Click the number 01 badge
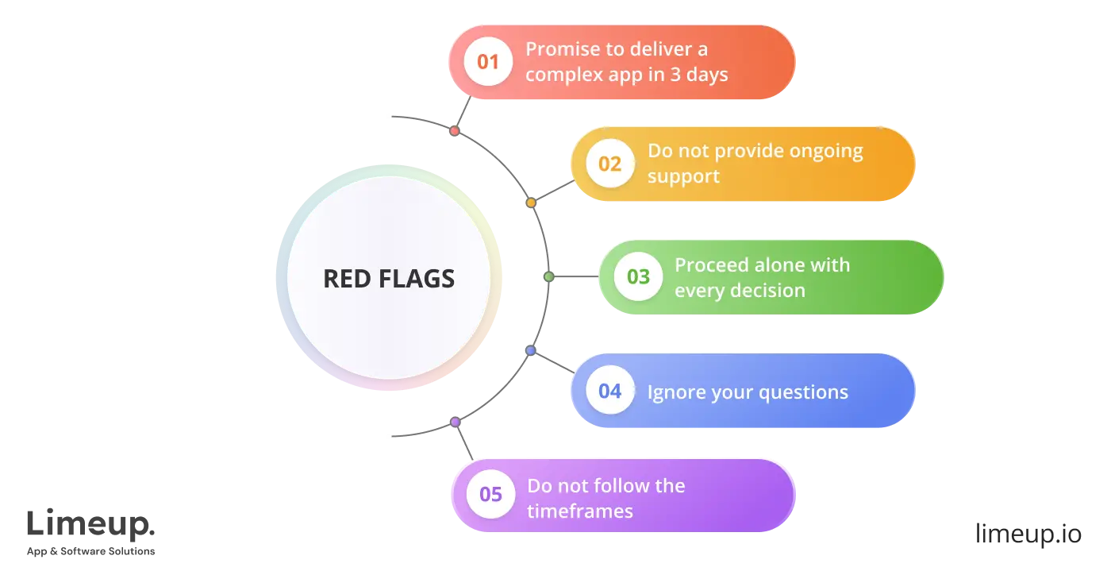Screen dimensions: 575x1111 tap(488, 61)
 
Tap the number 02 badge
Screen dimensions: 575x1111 tap(609, 164)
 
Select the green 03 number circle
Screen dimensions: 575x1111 tap(638, 277)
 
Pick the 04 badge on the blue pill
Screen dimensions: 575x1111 tap(609, 391)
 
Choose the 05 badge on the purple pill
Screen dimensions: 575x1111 tap(490, 495)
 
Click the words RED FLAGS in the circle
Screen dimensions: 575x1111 tap(389, 279)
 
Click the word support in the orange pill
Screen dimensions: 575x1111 tap(683, 176)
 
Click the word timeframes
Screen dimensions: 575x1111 tap(580, 511)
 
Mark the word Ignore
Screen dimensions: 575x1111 tap(672, 392)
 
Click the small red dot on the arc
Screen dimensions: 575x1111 tap(454, 130)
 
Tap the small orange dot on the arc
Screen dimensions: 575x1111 tap(531, 203)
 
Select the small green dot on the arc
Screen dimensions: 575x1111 tap(548, 277)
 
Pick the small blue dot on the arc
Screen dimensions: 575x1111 tap(530, 350)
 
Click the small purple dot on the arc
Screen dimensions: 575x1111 tap(455, 423)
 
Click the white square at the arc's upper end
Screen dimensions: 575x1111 tap(387, 115)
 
